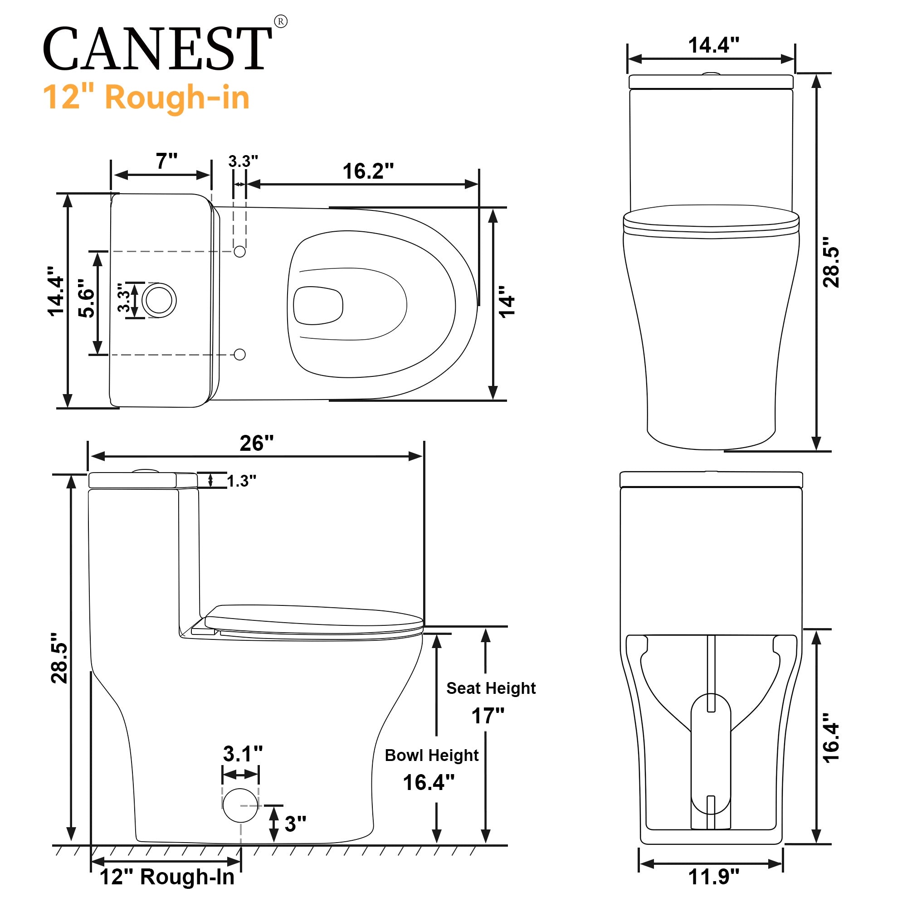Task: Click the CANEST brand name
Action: [157, 49]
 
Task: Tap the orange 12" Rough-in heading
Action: [146, 98]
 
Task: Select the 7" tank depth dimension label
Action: [166, 161]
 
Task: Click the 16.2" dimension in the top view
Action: [368, 171]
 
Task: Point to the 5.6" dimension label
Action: [86, 298]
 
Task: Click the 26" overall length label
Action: [256, 443]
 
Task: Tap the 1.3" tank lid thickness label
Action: [241, 481]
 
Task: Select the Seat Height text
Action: [491, 689]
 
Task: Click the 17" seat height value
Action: [488, 716]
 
